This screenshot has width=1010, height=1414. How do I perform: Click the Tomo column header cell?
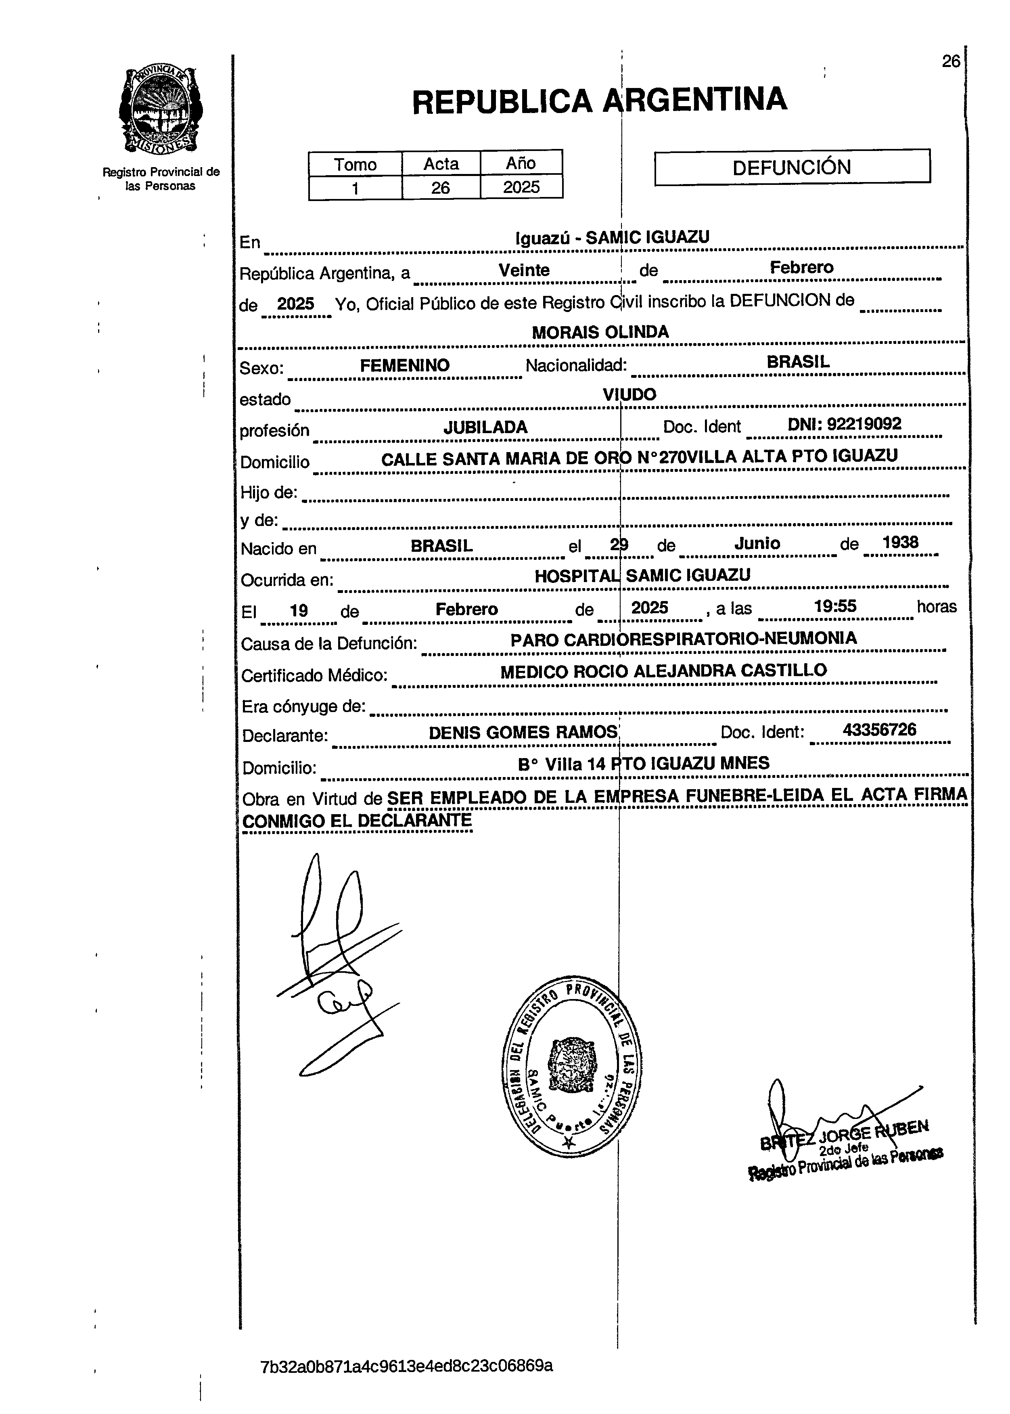(x=355, y=164)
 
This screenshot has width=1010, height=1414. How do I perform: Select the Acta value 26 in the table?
(x=440, y=187)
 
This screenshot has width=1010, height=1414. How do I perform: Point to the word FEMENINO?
(x=404, y=365)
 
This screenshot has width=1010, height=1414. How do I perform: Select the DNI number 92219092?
(x=844, y=424)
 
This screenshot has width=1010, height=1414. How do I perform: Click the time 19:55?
(x=835, y=606)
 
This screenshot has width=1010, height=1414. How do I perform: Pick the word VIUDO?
(x=629, y=394)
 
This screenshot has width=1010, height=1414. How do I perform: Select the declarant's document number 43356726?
(x=879, y=730)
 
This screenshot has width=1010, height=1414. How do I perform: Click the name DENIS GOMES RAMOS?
(x=523, y=733)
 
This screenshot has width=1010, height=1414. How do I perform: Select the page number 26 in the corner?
(x=950, y=61)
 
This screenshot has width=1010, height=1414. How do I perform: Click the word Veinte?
(x=524, y=270)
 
